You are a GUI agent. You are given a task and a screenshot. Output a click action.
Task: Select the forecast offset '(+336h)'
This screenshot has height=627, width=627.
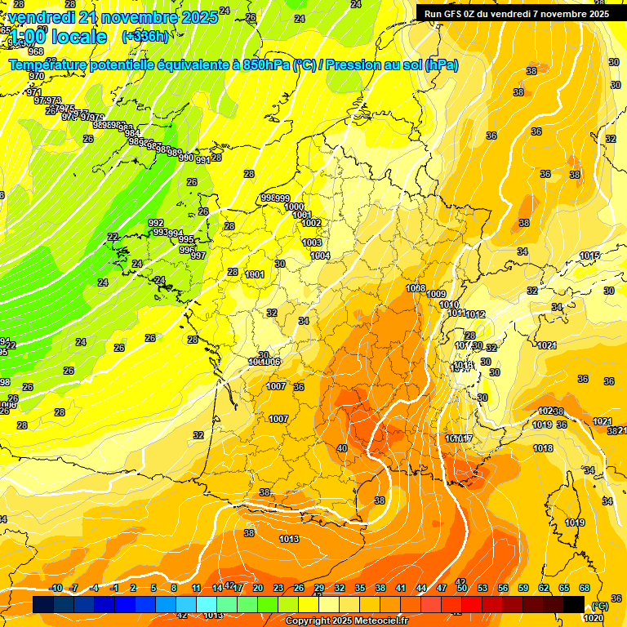pos(145,37)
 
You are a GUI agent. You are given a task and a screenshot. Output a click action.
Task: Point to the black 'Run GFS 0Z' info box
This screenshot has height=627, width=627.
pos(517,13)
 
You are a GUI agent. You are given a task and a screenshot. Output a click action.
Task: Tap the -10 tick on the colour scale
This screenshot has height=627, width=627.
pos(56,588)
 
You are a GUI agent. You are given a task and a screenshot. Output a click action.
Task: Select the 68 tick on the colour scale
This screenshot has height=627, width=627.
pos(585,588)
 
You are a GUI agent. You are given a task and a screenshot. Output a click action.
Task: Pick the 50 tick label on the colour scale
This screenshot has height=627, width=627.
pos(462,588)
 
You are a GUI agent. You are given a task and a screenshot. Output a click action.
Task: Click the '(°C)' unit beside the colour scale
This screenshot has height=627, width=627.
pos(601,606)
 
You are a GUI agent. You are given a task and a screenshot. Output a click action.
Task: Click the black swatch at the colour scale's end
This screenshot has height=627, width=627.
pos(574,604)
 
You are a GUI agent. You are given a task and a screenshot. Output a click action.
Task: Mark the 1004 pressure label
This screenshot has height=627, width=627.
pos(320,256)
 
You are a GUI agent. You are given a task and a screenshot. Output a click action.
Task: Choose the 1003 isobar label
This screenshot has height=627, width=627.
pos(312,242)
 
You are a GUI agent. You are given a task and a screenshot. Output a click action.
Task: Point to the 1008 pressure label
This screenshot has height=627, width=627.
pos(416,288)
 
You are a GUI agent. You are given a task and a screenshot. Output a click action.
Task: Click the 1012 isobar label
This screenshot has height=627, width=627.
pos(476,314)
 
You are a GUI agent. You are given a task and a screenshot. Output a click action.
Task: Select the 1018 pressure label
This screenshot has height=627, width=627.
pos(543,448)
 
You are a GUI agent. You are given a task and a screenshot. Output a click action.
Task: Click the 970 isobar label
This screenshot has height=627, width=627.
pos(36,76)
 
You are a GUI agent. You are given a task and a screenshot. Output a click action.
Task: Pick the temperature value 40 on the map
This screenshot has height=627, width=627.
pos(341,448)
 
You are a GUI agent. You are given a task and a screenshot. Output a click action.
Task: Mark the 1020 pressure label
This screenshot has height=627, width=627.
pos(594,617)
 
